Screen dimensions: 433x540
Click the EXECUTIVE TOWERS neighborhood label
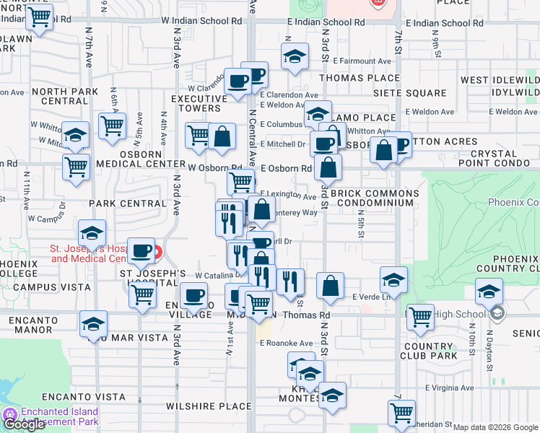(x=196, y=103)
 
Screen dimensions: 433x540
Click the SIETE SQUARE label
(x=410, y=93)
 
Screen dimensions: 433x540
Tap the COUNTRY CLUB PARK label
(x=432, y=351)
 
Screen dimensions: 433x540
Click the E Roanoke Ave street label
(x=286, y=344)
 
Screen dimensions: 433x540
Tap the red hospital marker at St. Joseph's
(x=156, y=252)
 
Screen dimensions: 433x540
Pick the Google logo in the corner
(x=24, y=424)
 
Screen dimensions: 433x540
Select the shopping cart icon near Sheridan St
(x=401, y=413)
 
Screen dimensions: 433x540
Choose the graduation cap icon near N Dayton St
(x=489, y=292)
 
